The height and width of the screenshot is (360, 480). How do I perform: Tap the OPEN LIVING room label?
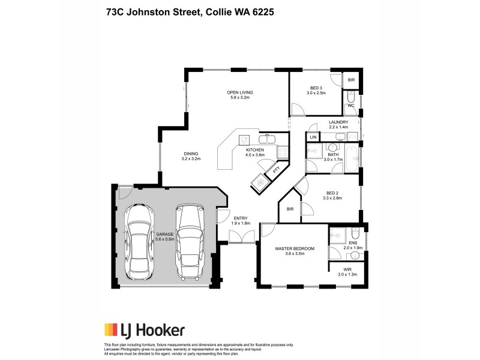pos(239,92)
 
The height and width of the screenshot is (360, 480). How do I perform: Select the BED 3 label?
pos(316,88)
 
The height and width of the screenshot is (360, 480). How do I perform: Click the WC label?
pos(350,106)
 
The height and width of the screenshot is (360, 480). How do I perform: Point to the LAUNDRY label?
pos(338,122)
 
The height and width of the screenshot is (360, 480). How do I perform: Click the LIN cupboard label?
pos(313,137)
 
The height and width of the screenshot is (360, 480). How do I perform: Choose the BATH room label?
pos(333,154)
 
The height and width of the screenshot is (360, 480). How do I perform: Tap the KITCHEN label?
pos(255,149)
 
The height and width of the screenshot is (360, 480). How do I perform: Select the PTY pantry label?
pos(276,170)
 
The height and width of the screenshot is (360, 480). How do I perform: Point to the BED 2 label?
pos(331,193)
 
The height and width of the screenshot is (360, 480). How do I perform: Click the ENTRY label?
pos(241,218)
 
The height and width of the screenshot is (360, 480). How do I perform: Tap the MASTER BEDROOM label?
pos(294,248)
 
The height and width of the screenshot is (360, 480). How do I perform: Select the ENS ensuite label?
pos(349,242)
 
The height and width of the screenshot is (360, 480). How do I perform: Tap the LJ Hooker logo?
pos(145,329)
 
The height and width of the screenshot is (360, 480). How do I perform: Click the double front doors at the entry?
pos(241,237)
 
